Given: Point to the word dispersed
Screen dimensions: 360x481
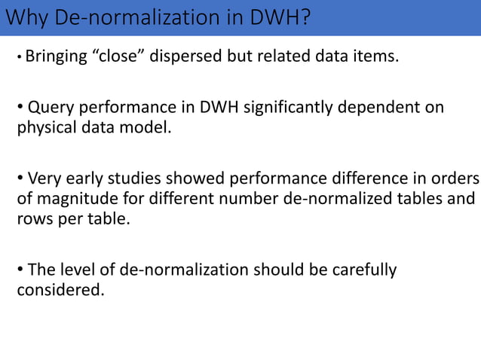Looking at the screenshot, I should point(183,75).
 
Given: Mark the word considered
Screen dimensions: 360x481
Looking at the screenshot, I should point(59,289).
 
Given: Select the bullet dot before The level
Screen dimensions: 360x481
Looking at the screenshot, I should point(20,270).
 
